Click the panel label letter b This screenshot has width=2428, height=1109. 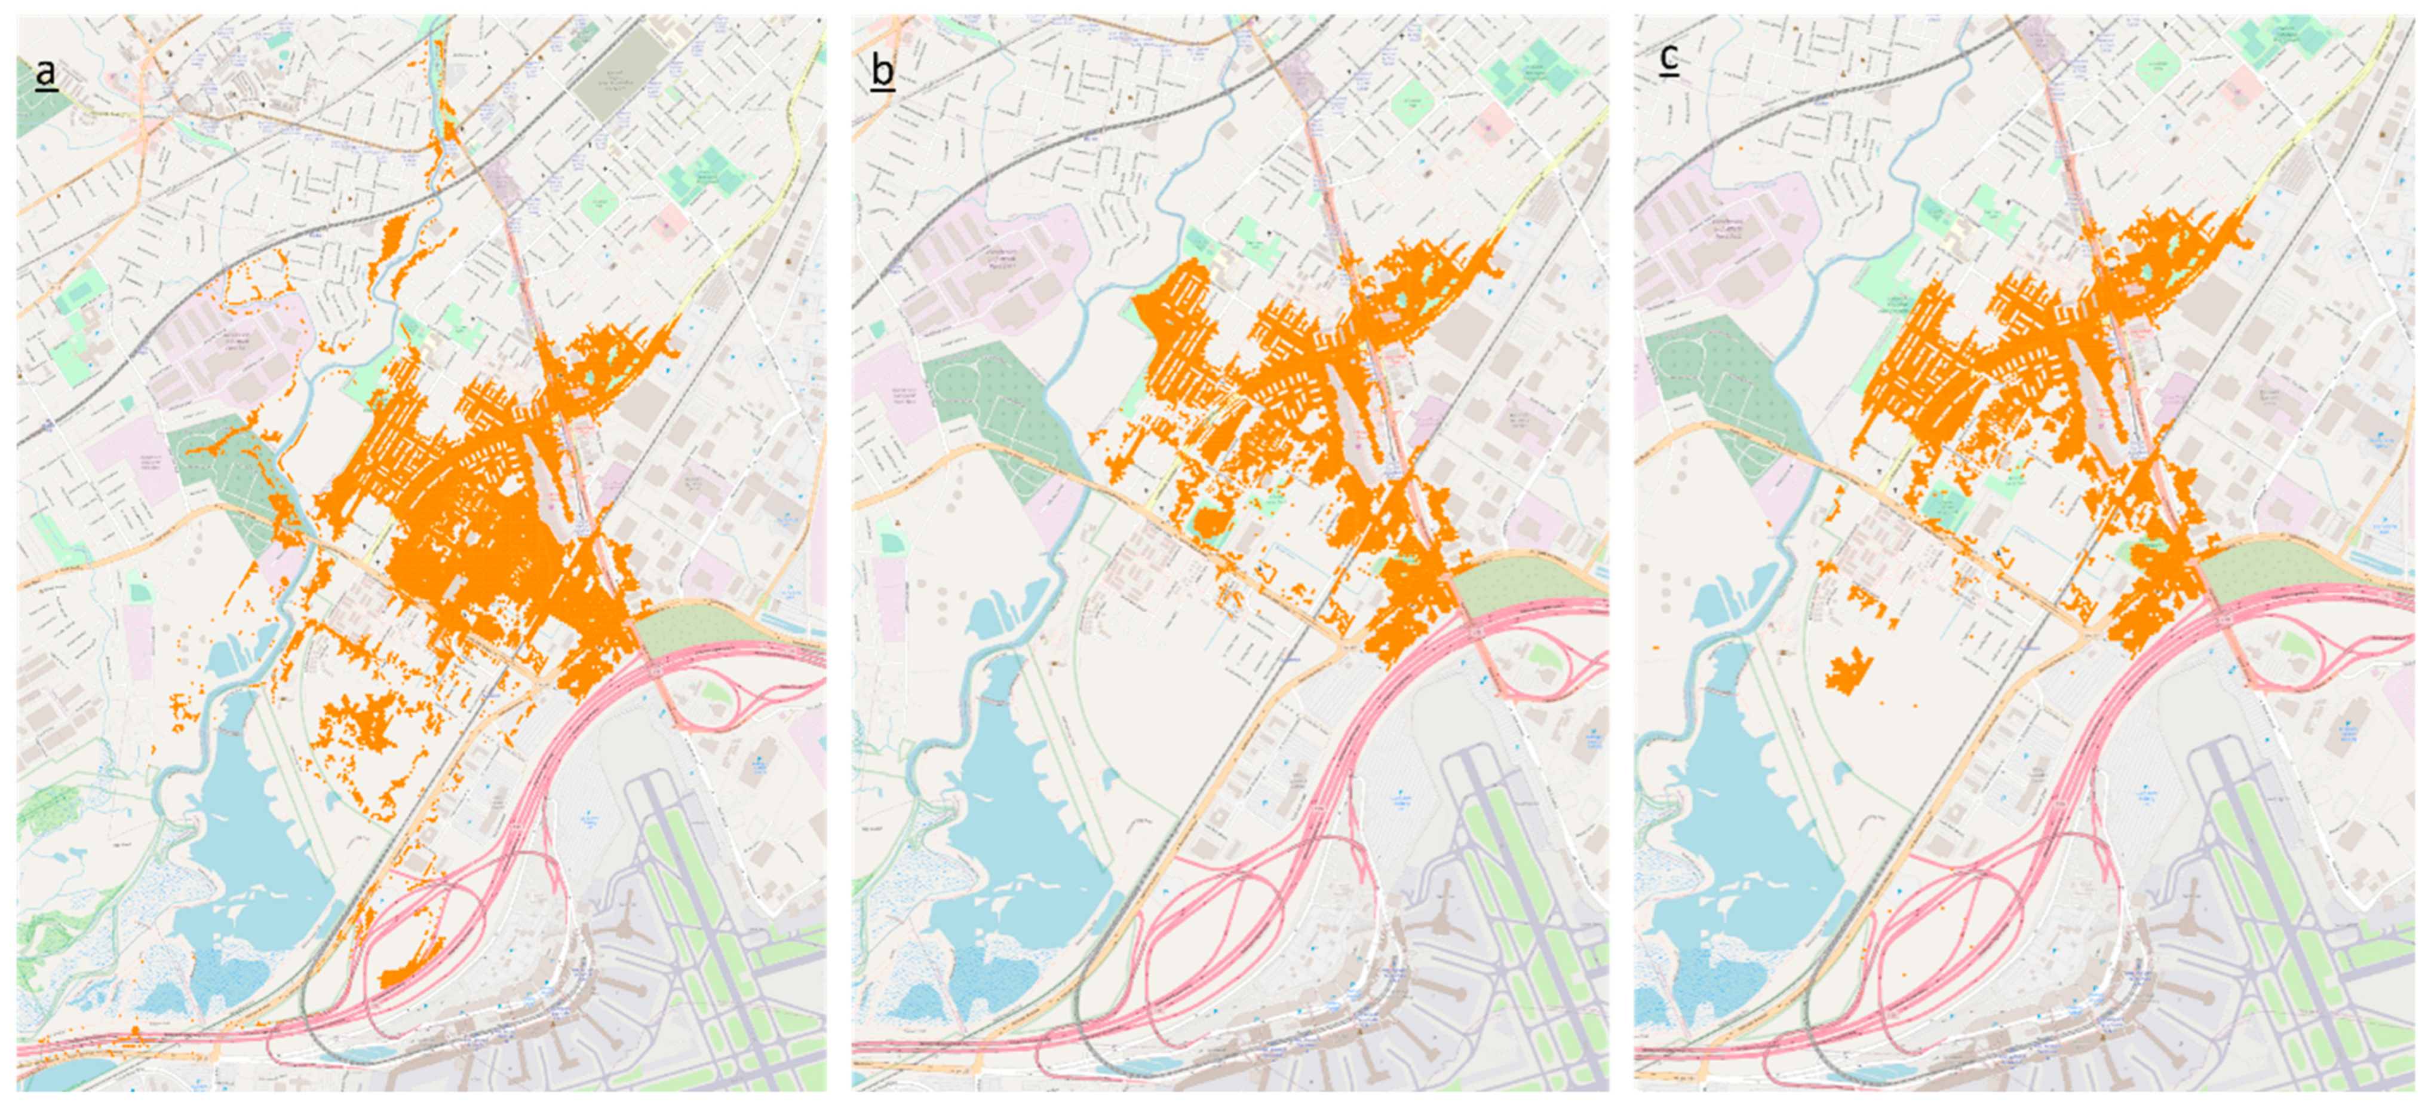(882, 72)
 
